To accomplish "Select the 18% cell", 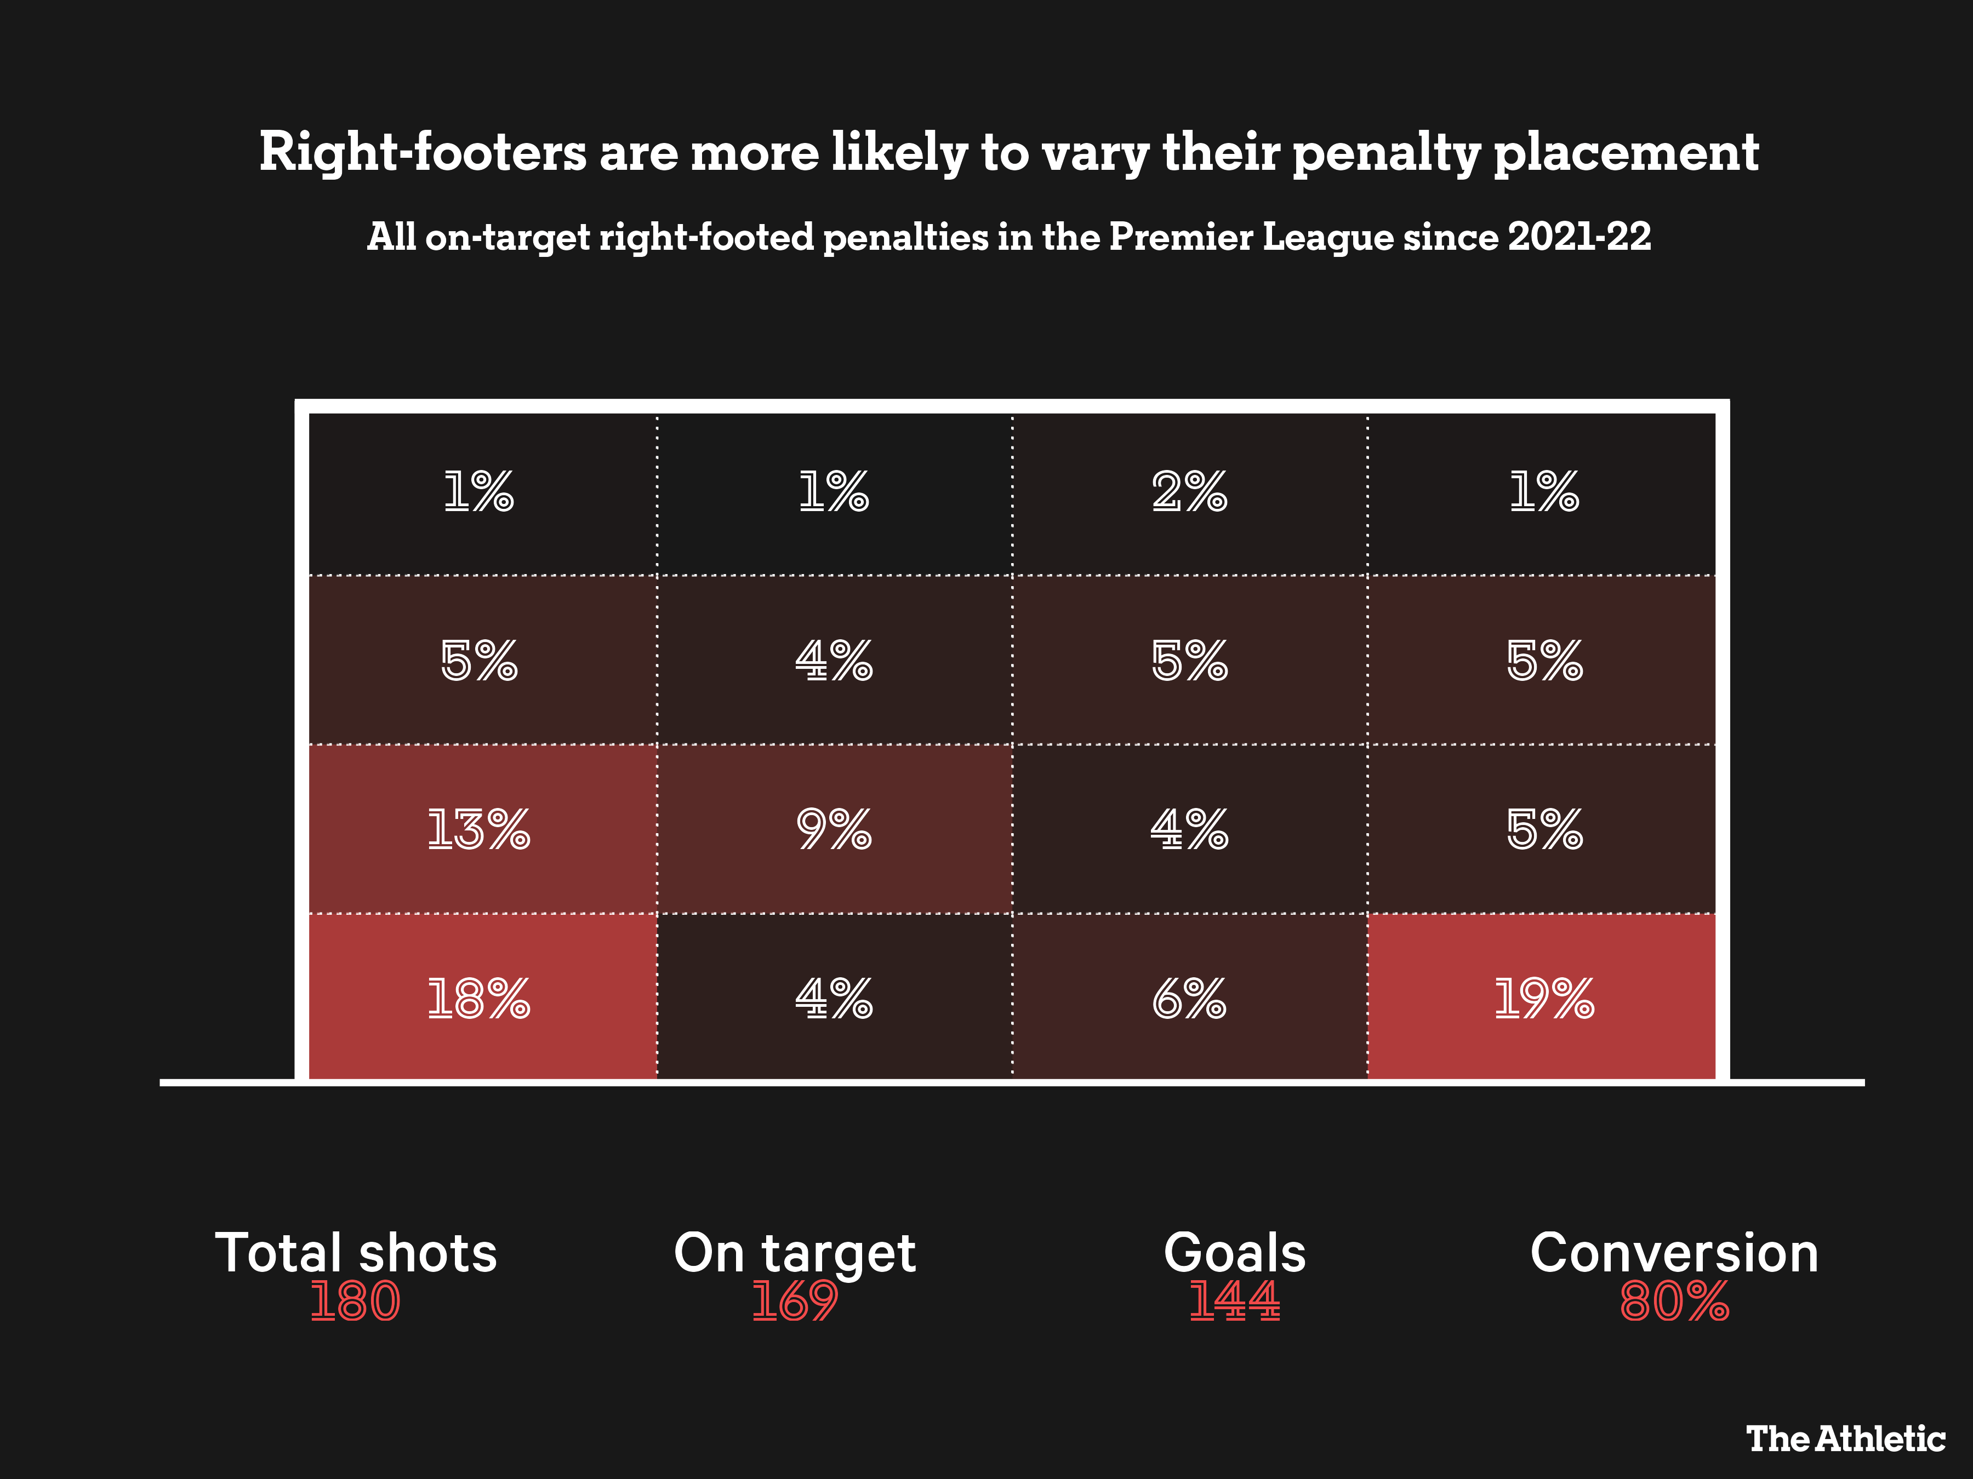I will (x=479, y=998).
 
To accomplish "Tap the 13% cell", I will (x=479, y=829).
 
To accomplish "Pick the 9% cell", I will (x=834, y=829).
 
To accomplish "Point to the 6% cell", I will (x=1189, y=998).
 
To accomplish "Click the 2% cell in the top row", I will (x=1189, y=491).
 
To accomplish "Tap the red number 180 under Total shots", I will (x=355, y=1301).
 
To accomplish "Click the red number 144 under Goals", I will (x=1234, y=1301).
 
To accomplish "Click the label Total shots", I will (x=355, y=1253).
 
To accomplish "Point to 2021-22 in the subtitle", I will (x=1579, y=236).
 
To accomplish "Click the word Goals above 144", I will (x=1234, y=1253).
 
